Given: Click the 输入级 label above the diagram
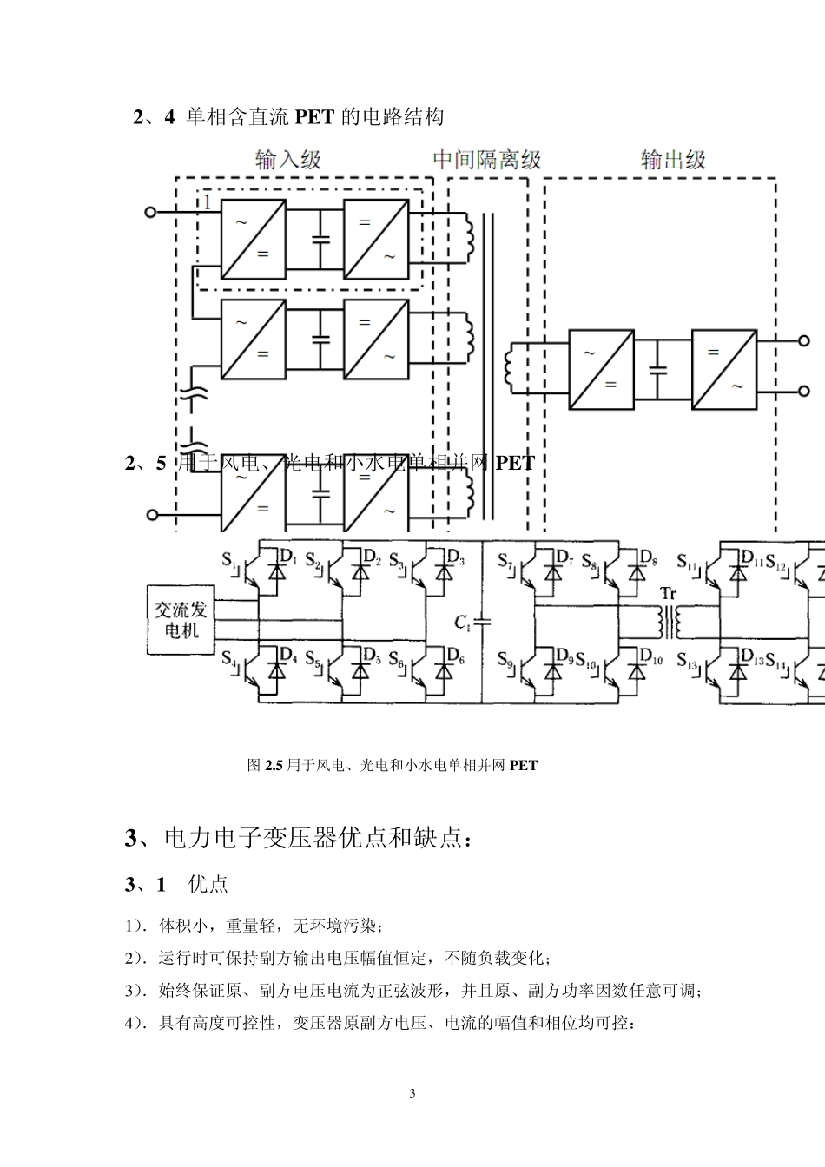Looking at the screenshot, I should [x=288, y=160].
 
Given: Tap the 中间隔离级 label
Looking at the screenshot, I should [x=487, y=160].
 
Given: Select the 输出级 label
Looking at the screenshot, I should [x=673, y=160].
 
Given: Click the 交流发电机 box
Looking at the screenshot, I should [x=181, y=618].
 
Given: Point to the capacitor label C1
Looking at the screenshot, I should [x=462, y=622].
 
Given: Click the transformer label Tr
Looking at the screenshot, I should [x=668, y=594].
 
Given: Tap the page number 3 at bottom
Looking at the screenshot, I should [x=412, y=1092].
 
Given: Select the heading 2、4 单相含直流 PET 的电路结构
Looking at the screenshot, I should [x=288, y=116].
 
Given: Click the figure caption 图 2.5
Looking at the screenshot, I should [x=393, y=765].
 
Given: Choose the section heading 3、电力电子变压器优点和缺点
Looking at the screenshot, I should [x=300, y=838].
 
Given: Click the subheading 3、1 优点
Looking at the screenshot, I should [x=176, y=884].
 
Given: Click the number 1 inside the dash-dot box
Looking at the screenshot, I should [x=208, y=202].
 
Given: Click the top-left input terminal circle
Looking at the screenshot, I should [x=150, y=212].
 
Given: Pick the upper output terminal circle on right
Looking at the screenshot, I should [x=804, y=341].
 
